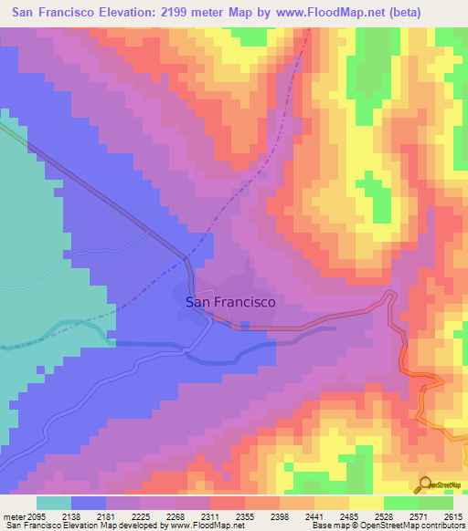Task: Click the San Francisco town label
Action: [x=230, y=302]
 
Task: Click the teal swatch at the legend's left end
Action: [x=54, y=503]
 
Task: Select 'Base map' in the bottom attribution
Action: [x=331, y=526]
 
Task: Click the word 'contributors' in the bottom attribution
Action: [x=442, y=526]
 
